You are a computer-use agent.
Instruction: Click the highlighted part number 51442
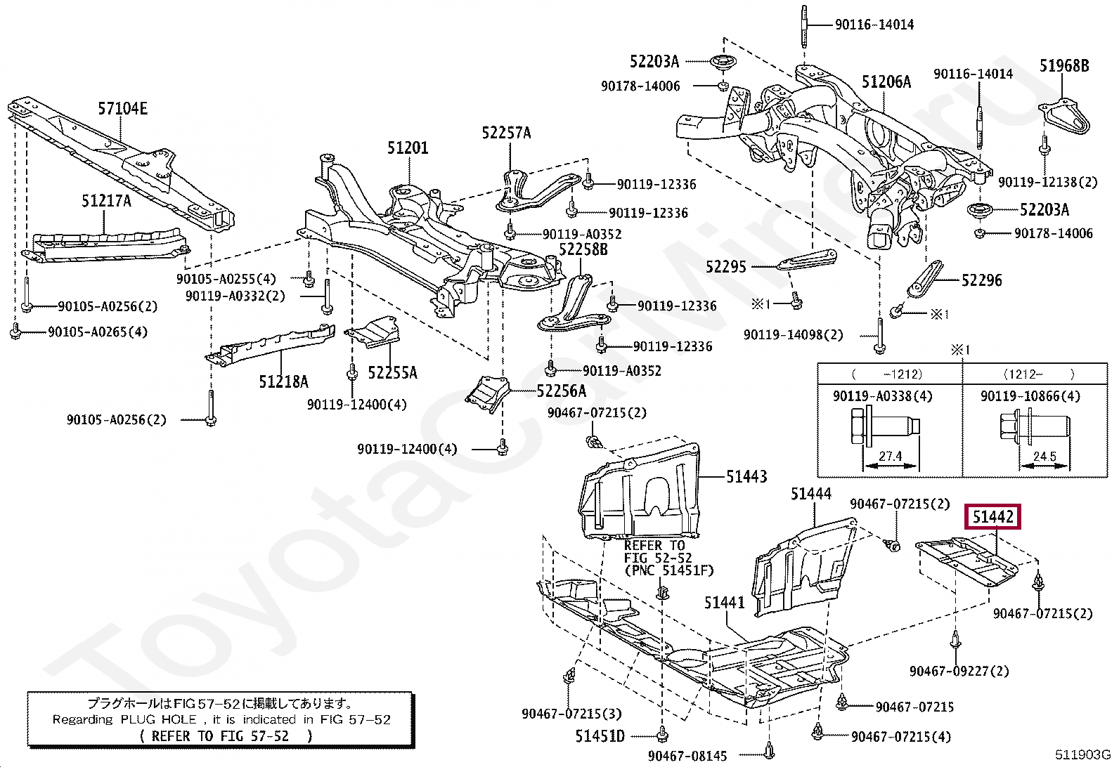[x=992, y=517]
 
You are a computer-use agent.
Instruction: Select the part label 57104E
[x=122, y=108]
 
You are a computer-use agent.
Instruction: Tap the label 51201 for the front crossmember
[x=408, y=148]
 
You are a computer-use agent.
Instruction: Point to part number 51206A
[x=886, y=82]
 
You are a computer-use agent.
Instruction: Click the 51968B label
[x=1064, y=66]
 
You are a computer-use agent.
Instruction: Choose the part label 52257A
[x=506, y=133]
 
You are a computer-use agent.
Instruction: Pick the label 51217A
[x=106, y=201]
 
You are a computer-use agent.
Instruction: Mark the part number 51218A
[x=283, y=381]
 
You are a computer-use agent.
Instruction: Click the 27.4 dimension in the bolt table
[x=890, y=456]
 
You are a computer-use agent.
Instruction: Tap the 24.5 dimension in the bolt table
[x=1044, y=456]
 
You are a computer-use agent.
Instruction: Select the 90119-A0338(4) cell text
[x=882, y=396]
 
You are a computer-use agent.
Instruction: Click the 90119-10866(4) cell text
[x=1030, y=396]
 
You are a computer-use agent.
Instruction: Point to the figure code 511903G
[x=1082, y=755]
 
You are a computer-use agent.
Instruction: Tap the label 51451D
[x=600, y=735]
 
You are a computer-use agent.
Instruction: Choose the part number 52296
[x=981, y=280]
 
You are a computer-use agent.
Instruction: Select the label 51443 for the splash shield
[x=746, y=477]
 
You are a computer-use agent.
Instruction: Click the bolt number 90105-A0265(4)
[x=98, y=332]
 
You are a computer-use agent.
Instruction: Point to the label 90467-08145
[x=687, y=756]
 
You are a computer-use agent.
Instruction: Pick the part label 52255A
[x=392, y=372]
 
